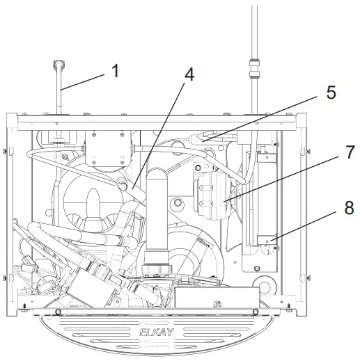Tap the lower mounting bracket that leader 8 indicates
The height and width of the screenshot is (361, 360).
point(267,243)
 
